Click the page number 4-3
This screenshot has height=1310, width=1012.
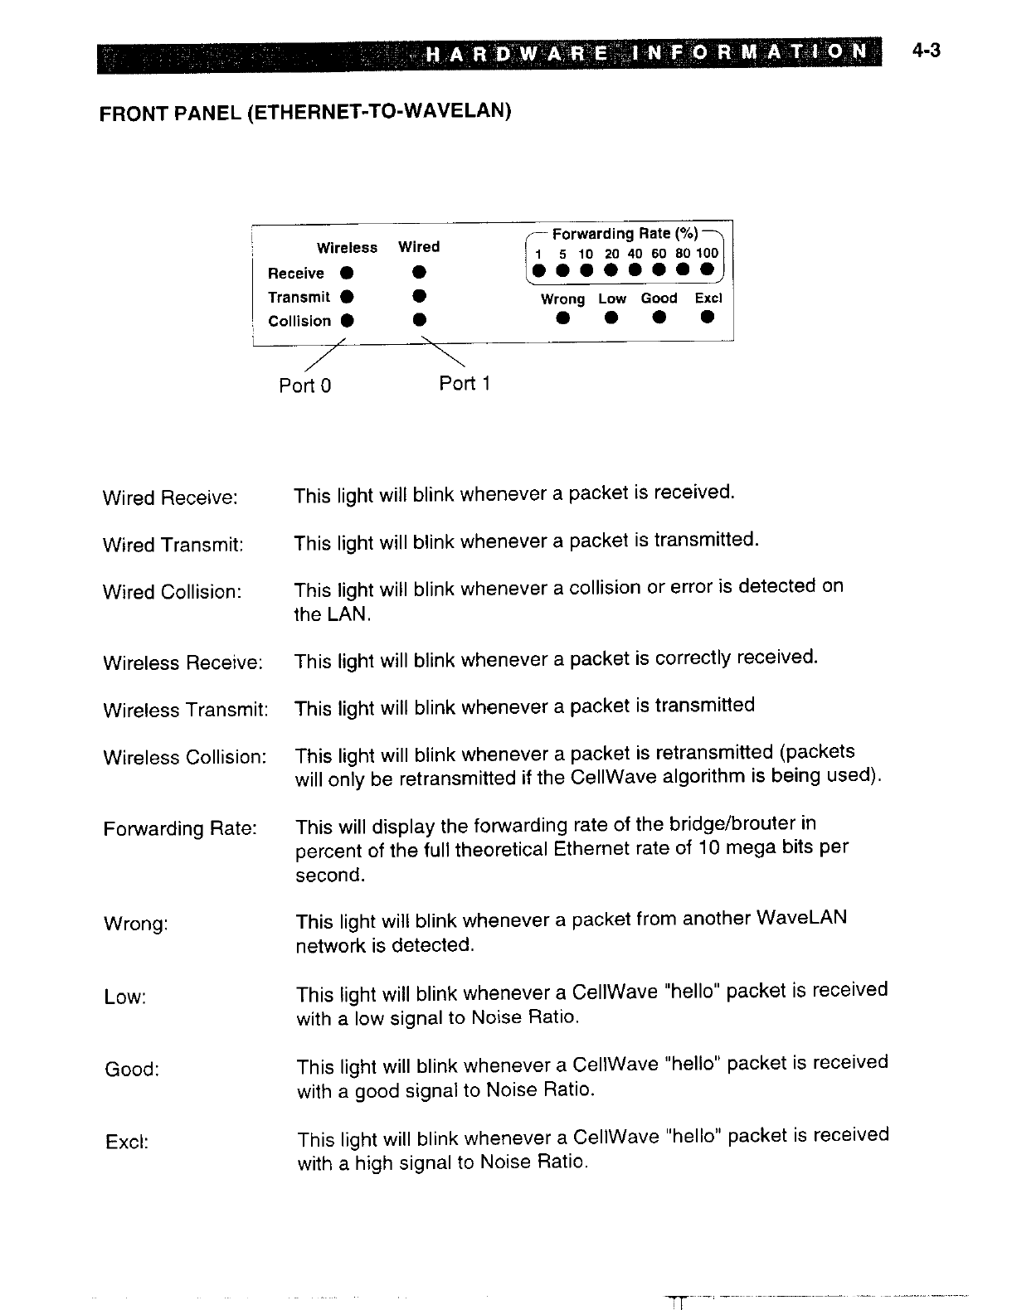coord(926,51)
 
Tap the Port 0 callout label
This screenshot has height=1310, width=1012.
coord(304,386)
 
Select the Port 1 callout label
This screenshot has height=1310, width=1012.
coord(465,383)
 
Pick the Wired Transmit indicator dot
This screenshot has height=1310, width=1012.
coord(421,295)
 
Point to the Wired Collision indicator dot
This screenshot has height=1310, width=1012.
coord(421,318)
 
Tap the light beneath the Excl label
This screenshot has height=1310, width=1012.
coord(707,316)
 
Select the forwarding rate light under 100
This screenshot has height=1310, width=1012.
coord(707,269)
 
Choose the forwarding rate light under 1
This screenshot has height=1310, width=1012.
coord(539,270)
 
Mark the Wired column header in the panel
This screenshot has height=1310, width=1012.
coord(419,247)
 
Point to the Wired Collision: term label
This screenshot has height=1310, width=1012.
coord(172,592)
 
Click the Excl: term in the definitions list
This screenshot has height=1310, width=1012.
coord(127,1142)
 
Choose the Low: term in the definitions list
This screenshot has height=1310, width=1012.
coord(125,997)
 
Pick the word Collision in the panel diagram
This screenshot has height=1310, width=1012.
coord(299,322)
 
